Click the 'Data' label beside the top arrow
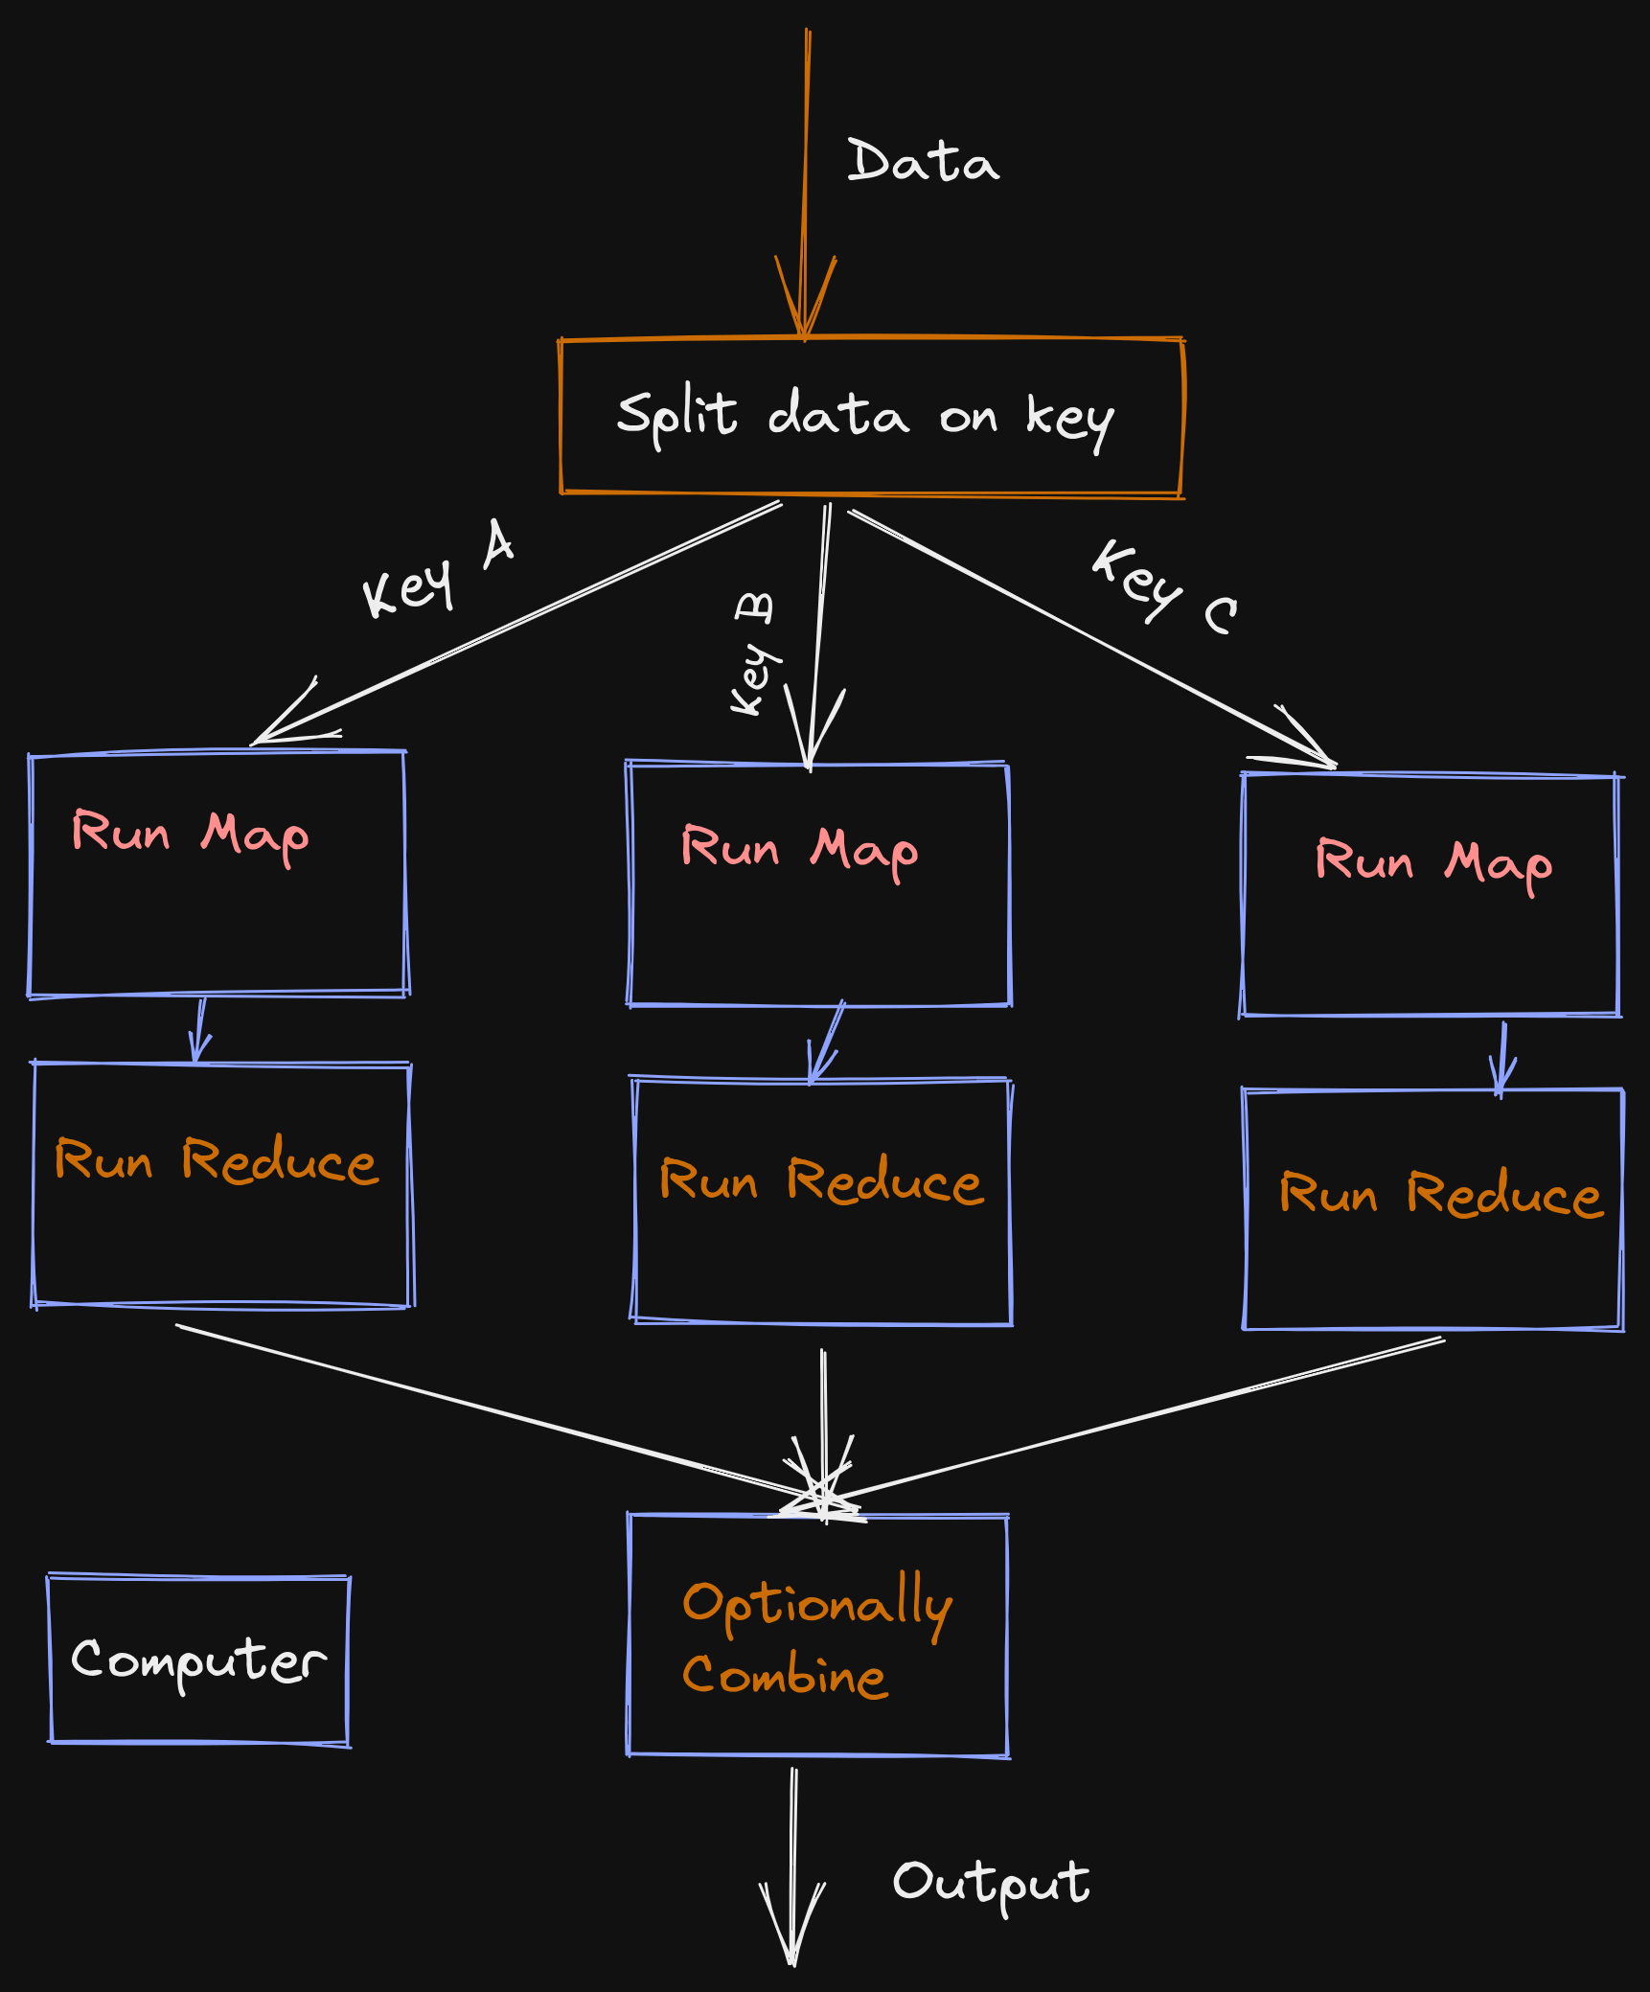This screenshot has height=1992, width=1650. (923, 161)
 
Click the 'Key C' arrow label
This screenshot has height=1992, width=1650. (1165, 585)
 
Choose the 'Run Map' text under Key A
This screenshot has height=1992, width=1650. (191, 836)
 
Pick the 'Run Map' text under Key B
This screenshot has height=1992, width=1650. (800, 852)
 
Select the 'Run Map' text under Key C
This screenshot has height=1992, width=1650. (1434, 864)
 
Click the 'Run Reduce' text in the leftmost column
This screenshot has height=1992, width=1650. (217, 1160)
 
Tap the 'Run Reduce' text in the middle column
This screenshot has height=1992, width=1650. (822, 1180)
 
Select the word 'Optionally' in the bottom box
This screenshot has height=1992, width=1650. (817, 1605)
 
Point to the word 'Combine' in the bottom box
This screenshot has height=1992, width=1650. (785, 1676)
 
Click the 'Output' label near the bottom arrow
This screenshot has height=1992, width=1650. (992, 1885)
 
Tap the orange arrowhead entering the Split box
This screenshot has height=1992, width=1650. (805, 299)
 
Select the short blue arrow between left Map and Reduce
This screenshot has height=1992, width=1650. (199, 1031)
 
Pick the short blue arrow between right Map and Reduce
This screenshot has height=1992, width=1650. (1501, 1060)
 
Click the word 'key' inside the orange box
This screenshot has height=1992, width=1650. (1069, 420)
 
